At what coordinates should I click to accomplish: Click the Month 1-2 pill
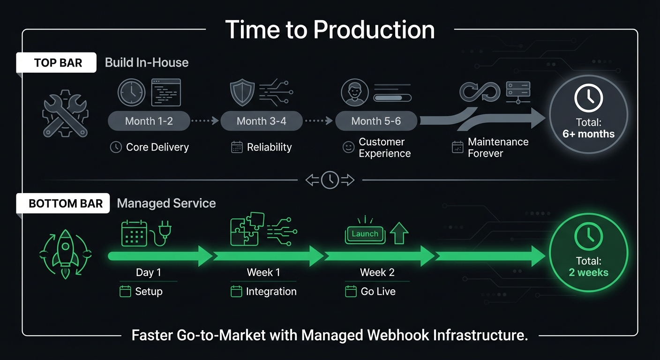[x=149, y=121]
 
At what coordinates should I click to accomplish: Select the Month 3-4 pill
[x=261, y=121]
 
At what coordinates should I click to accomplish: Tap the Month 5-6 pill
[x=376, y=121]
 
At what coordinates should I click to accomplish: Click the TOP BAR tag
[x=58, y=63]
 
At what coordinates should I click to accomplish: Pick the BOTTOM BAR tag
[x=65, y=203]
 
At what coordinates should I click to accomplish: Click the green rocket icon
[x=65, y=253]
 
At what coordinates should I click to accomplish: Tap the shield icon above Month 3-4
[x=242, y=91]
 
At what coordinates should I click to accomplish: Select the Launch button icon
[x=365, y=234]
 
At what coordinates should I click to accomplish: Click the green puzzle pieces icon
[x=247, y=229]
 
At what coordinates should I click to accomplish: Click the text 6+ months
[x=588, y=134]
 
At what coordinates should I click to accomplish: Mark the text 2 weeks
[x=588, y=272]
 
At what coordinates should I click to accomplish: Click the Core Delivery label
[x=157, y=147]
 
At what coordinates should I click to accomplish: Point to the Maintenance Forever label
[x=498, y=148]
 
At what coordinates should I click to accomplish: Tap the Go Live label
[x=378, y=292]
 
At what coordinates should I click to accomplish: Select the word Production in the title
[x=374, y=30]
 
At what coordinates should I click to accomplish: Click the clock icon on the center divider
[x=330, y=180]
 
